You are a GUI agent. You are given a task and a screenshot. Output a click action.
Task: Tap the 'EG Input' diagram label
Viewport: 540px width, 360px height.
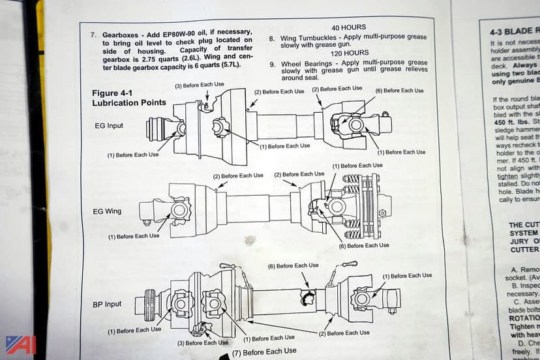click(106, 125)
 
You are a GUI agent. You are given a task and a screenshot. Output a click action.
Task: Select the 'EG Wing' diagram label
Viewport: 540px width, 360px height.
click(106, 211)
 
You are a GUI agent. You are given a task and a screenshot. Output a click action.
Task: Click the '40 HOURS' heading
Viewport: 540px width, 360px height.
click(348, 28)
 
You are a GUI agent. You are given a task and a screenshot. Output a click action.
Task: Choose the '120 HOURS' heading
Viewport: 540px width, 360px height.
click(350, 53)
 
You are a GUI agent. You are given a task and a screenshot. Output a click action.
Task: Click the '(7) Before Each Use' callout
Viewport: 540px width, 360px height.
click(264, 352)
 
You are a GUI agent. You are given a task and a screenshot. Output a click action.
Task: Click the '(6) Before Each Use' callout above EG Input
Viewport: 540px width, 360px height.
click(399, 91)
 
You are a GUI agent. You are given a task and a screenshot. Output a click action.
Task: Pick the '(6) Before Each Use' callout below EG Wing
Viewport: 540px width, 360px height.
click(363, 245)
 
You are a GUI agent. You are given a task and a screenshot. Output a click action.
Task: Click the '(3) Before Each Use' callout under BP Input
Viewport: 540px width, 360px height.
click(203, 342)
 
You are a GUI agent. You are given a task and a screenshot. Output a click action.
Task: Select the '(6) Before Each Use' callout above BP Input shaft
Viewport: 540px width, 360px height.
click(293, 265)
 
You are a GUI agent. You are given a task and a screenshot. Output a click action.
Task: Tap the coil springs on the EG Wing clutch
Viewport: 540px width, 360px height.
click(352, 202)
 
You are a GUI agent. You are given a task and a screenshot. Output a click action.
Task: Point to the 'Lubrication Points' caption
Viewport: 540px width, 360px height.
click(129, 102)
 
